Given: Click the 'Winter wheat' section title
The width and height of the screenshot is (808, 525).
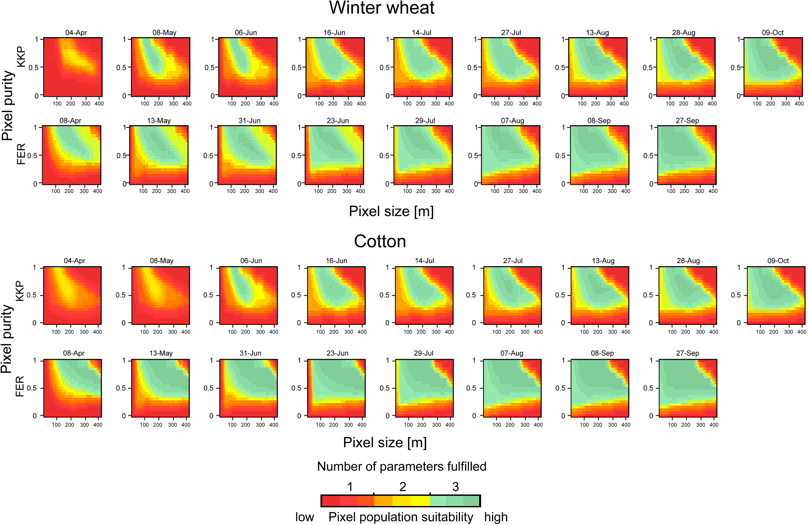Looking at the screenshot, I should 382,8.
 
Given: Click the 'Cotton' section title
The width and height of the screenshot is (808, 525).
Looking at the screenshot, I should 380,242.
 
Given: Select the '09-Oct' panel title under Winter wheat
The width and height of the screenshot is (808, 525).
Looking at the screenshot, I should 773,33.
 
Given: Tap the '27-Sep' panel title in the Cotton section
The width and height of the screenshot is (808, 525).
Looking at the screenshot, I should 687,353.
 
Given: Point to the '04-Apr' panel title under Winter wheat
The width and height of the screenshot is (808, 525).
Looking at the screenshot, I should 76,33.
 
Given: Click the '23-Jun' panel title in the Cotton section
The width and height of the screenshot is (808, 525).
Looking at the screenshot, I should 337,353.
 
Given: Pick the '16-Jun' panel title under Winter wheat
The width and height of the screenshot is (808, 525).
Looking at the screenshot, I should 334,33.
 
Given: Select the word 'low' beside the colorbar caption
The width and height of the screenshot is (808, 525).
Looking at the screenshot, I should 304,517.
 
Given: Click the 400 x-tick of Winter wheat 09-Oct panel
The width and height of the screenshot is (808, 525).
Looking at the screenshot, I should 799,104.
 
